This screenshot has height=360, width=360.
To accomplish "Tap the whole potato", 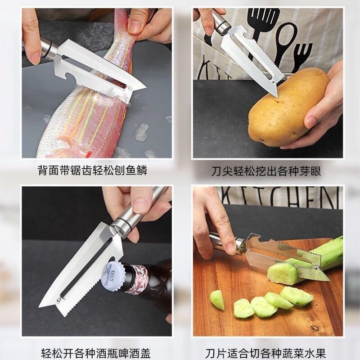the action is click(289, 108).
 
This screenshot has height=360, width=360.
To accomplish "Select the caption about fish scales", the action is click(92, 171).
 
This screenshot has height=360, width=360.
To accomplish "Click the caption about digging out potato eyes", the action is click(266, 171).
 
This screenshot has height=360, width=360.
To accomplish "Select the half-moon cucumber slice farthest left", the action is click(217, 300).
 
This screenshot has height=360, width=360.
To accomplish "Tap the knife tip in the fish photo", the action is click(145, 87).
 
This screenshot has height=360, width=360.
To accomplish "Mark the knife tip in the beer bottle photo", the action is click(40, 306).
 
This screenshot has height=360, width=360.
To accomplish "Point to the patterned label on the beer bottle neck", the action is click(137, 279).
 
